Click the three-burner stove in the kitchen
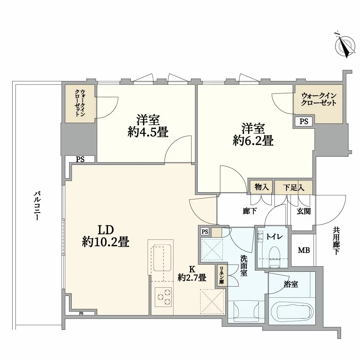point(163,297)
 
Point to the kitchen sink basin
point(162,258)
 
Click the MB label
point(304,250)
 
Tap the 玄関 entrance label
point(304,211)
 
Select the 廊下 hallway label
point(249,211)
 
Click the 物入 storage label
point(261,187)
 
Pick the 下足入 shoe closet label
point(294,187)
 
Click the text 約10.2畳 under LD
point(105,242)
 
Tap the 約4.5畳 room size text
point(148,132)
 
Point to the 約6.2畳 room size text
point(253,141)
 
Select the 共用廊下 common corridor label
point(336,241)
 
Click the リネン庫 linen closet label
point(221,275)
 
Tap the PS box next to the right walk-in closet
point(304,121)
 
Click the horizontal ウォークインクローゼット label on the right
point(319,99)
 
